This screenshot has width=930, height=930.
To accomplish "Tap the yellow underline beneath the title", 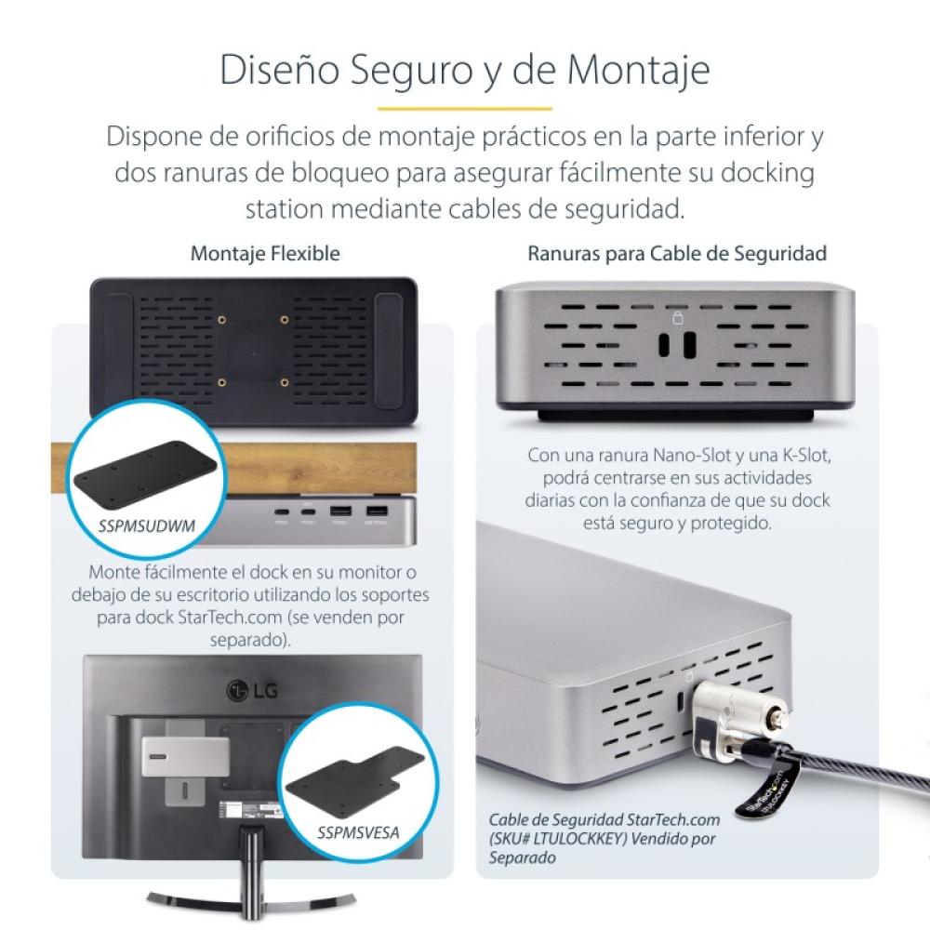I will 464,108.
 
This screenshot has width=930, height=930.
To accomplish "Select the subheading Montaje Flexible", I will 265,253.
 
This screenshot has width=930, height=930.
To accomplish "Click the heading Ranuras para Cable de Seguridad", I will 677,253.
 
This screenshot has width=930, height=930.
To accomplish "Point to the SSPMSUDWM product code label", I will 147,525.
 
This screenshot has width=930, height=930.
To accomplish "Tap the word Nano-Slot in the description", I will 667,457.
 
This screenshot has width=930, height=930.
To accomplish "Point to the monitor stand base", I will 250,897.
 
